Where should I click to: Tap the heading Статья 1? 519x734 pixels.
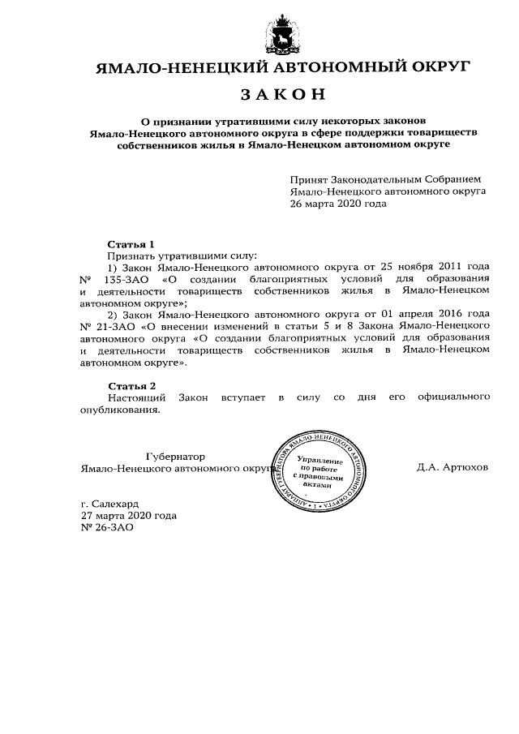pyautogui.click(x=131, y=244)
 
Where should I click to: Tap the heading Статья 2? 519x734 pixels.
pyautogui.click(x=131, y=385)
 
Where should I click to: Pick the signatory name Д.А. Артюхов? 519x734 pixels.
pyautogui.click(x=453, y=468)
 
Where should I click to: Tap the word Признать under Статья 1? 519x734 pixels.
pyautogui.click(x=132, y=255)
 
